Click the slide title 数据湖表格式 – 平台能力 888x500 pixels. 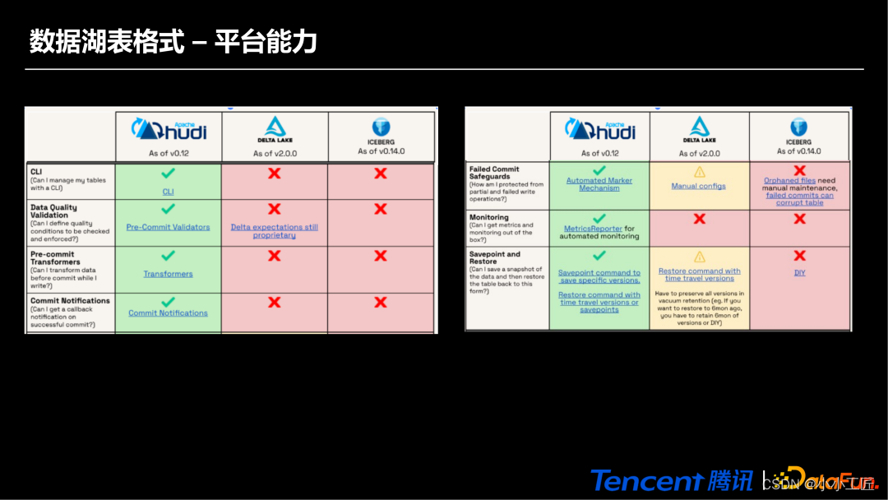tap(173, 41)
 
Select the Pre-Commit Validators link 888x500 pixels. tap(168, 227)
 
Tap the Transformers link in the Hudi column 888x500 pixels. tap(168, 274)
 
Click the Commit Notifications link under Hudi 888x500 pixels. tap(168, 313)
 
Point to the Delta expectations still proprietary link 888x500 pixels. tap(274, 231)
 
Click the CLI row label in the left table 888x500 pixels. tap(36, 172)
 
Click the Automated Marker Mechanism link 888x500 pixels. tap(599, 184)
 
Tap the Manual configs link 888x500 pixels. tap(698, 186)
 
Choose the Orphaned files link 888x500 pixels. tap(789, 180)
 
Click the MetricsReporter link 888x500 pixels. tap(592, 229)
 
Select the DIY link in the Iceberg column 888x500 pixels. tap(799, 273)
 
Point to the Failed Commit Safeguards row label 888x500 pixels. tap(494, 173)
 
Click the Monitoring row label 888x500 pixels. tap(488, 217)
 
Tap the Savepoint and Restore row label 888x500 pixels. tap(494, 257)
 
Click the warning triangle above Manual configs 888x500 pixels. tap(699, 172)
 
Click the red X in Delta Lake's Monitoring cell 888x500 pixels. tap(699, 219)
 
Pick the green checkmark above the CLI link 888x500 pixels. tap(168, 174)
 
